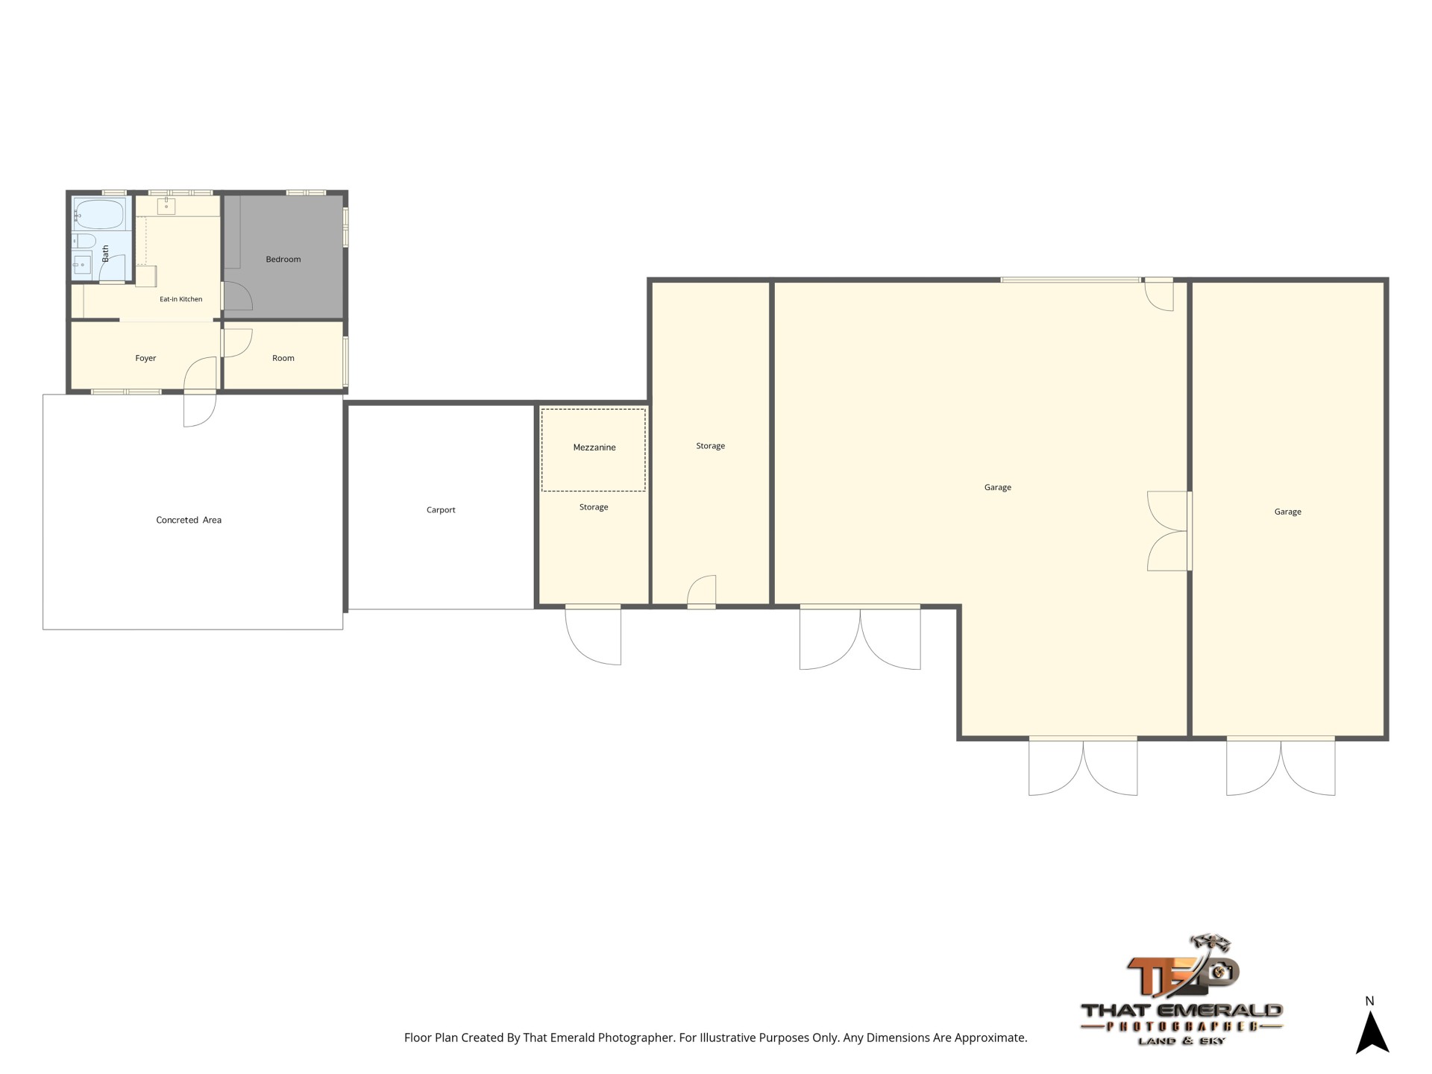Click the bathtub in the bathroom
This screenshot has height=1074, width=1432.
tap(99, 214)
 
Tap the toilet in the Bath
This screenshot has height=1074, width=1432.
tap(84, 241)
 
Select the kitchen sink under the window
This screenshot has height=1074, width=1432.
tap(166, 206)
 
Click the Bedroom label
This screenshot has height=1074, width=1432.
tap(283, 260)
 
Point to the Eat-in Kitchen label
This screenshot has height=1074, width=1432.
tap(181, 299)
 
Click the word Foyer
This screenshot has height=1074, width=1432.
tap(145, 358)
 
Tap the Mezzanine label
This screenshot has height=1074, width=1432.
tap(594, 447)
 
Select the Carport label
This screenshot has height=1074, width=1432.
tap(441, 510)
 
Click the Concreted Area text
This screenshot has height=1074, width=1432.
tap(189, 520)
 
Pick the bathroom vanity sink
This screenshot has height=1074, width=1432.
tap(81, 265)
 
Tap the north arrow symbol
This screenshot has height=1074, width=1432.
tap(1372, 1032)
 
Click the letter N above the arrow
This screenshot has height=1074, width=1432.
tap(1369, 1001)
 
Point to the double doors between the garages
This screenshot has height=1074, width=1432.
tap(1168, 531)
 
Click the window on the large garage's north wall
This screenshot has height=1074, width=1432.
tap(1070, 280)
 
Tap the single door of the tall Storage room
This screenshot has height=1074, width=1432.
tap(702, 591)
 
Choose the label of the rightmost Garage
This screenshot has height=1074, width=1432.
tap(1288, 512)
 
